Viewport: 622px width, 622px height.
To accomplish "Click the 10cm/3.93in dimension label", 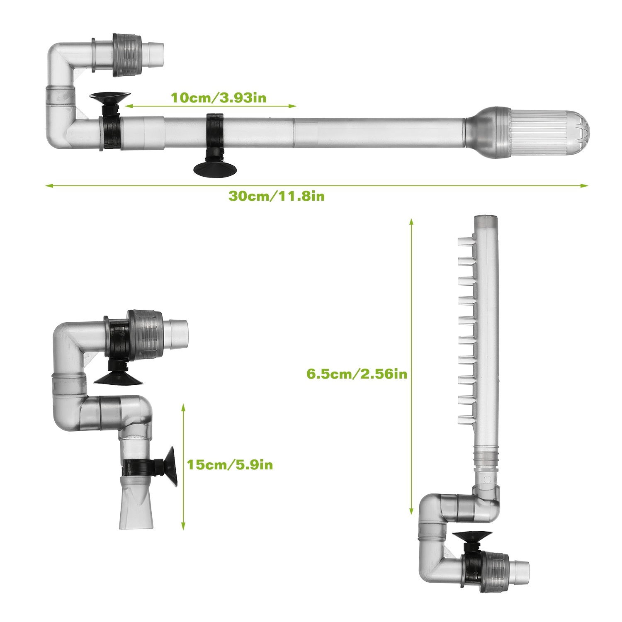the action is coord(219,98).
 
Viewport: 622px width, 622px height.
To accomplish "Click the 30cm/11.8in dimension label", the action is coord(277,196).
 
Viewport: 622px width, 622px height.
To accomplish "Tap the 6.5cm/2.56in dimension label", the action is coord(357,374).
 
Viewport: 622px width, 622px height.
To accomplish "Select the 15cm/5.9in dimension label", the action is coord(230,464).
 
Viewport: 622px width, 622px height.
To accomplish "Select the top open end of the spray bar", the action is coord(486,219).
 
